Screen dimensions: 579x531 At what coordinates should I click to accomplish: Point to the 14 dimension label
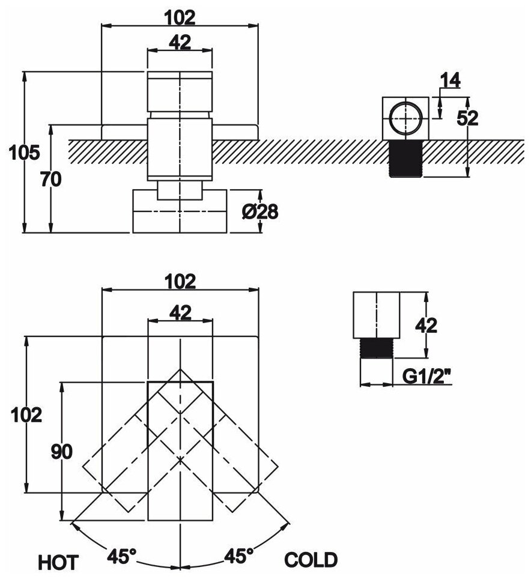[450, 79]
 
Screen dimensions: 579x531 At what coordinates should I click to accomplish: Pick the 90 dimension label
[62, 452]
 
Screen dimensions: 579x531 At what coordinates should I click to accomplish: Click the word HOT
[58, 562]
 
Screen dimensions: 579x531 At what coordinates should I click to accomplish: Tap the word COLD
[311, 560]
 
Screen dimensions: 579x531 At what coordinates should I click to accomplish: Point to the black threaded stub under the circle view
[405, 158]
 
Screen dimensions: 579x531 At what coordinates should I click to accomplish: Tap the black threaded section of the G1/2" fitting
[375, 348]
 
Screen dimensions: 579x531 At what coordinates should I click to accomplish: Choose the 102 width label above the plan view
[180, 280]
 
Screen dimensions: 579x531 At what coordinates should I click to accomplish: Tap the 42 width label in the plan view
[180, 312]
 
